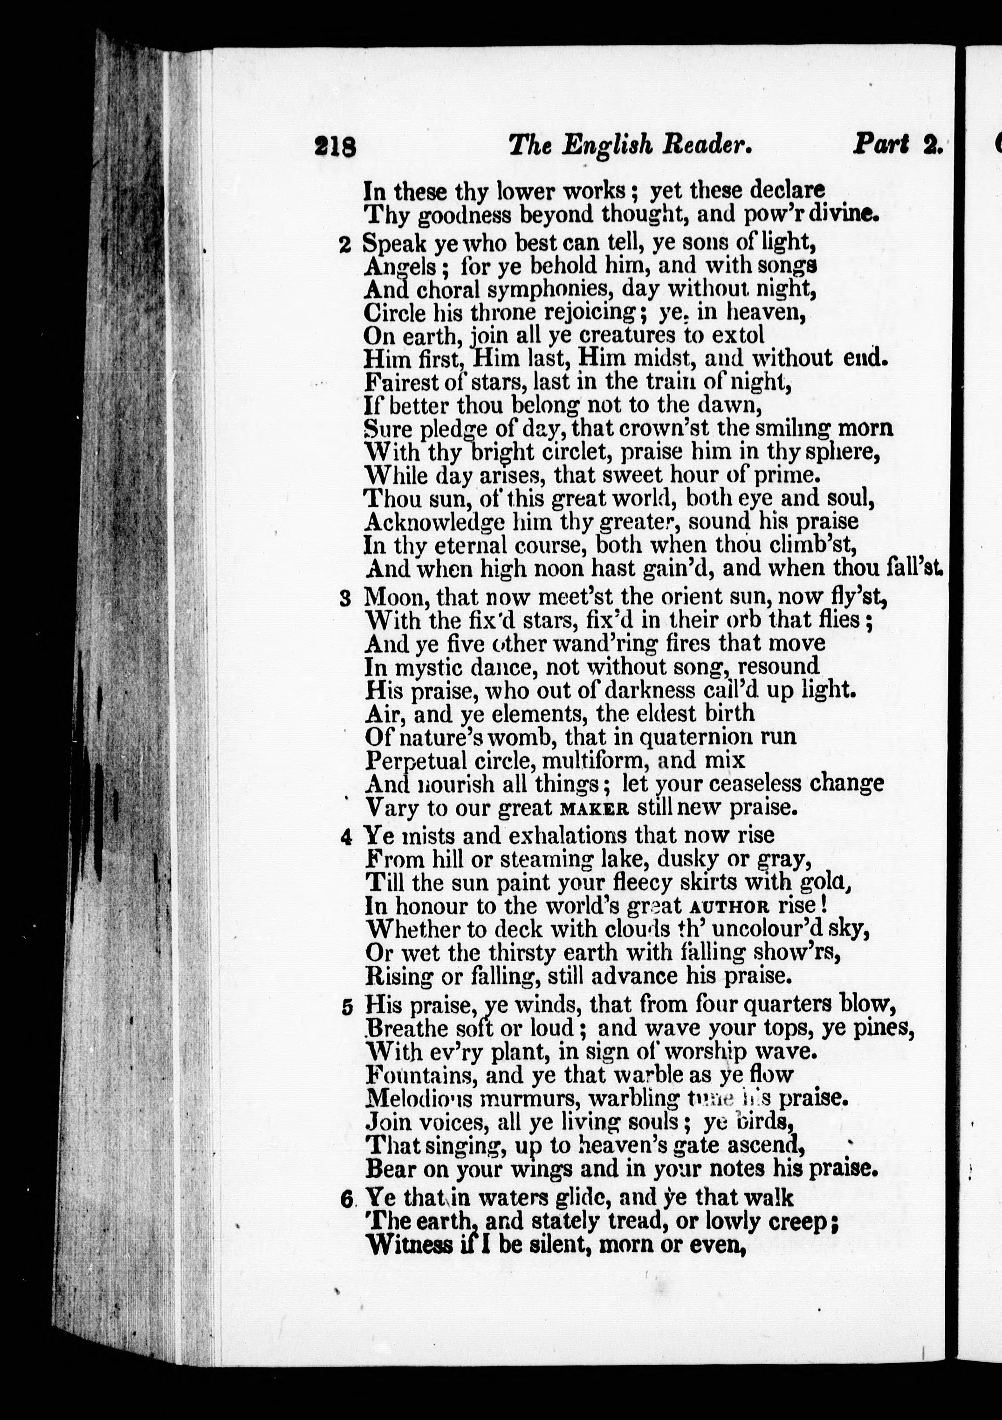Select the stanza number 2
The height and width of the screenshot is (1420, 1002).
(345, 245)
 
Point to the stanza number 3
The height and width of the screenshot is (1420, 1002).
(346, 599)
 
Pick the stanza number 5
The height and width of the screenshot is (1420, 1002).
(347, 1007)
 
